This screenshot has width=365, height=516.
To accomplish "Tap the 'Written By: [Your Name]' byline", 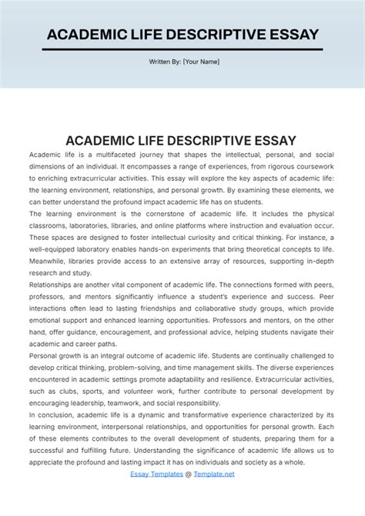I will [x=182, y=62].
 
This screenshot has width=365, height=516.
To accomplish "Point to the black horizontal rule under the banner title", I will [x=182, y=50].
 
